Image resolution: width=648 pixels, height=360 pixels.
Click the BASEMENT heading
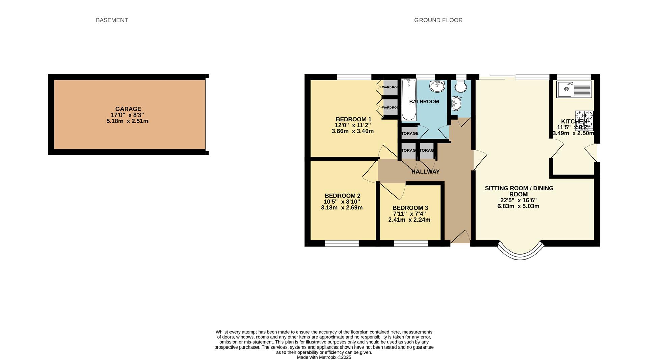tap(112, 20)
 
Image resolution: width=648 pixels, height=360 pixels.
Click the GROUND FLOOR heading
tap(438, 20)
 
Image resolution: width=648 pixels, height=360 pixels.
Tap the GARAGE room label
tap(128, 109)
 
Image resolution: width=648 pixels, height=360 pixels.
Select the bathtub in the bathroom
tap(409, 100)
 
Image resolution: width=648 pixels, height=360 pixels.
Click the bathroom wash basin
tap(437, 86)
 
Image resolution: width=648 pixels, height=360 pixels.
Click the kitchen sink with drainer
tap(574, 89)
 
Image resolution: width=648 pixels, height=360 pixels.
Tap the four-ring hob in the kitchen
tap(584, 121)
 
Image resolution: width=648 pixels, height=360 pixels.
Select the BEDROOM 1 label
tap(353, 119)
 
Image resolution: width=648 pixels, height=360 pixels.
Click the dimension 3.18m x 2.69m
tap(342, 208)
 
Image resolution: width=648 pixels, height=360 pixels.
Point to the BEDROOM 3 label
tap(410, 208)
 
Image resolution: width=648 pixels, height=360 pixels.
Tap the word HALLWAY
tap(425, 172)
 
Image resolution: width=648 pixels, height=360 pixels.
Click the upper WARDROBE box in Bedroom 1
tap(390, 87)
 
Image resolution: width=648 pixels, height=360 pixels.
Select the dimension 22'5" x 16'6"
tap(518, 200)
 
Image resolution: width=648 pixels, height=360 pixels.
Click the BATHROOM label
tap(424, 102)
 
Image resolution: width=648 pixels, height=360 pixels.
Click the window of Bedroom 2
tap(342, 243)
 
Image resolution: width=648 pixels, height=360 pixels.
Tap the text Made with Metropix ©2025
tap(324, 357)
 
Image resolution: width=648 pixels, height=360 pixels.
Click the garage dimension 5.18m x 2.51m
tap(127, 121)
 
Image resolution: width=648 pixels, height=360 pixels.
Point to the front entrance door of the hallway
tap(460, 237)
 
